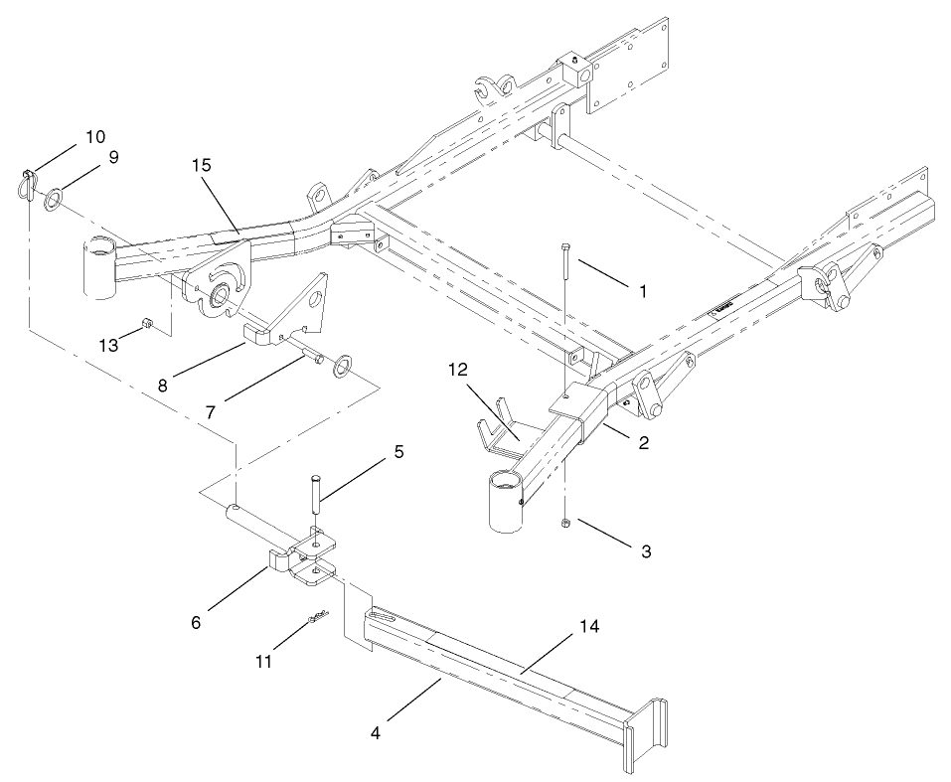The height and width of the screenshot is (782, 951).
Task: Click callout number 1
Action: click(642, 292)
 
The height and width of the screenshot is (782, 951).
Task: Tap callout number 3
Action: click(645, 549)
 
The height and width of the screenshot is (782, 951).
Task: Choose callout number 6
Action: click(196, 622)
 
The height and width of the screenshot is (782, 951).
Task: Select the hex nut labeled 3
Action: click(564, 522)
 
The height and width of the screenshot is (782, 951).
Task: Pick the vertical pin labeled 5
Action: click(315, 498)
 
